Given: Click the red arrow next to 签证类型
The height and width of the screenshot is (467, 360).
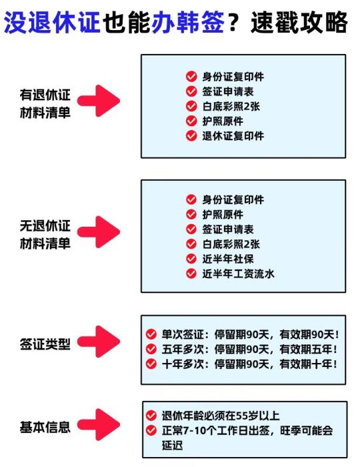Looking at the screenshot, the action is click(x=99, y=342).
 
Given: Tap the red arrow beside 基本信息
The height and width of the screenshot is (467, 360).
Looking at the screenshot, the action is click(x=99, y=424).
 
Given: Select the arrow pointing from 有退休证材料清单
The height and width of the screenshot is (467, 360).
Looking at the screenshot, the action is click(x=99, y=101).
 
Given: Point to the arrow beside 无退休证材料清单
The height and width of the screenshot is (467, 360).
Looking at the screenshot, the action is click(x=99, y=232).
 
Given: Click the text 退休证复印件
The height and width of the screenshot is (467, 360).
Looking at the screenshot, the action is click(x=233, y=136).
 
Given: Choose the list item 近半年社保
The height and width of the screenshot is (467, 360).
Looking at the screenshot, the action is click(x=228, y=259).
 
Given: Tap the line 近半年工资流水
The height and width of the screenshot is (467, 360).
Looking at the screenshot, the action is click(x=238, y=274).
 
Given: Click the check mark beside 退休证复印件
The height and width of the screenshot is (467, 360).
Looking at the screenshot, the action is click(x=191, y=135).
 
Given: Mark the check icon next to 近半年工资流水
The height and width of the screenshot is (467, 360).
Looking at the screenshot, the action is click(x=191, y=273).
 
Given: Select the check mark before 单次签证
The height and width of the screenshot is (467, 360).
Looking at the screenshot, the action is click(x=151, y=334).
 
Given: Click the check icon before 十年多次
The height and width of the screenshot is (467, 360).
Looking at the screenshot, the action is click(x=151, y=364).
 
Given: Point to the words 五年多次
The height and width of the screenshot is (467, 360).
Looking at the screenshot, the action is click(x=183, y=349).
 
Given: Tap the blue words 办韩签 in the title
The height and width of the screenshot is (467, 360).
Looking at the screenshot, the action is click(x=188, y=22).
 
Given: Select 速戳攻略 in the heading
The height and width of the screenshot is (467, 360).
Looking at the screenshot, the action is click(x=299, y=22).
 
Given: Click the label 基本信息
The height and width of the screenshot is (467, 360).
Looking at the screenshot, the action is click(x=45, y=427).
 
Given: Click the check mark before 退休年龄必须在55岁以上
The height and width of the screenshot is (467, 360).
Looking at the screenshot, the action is click(x=151, y=415).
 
